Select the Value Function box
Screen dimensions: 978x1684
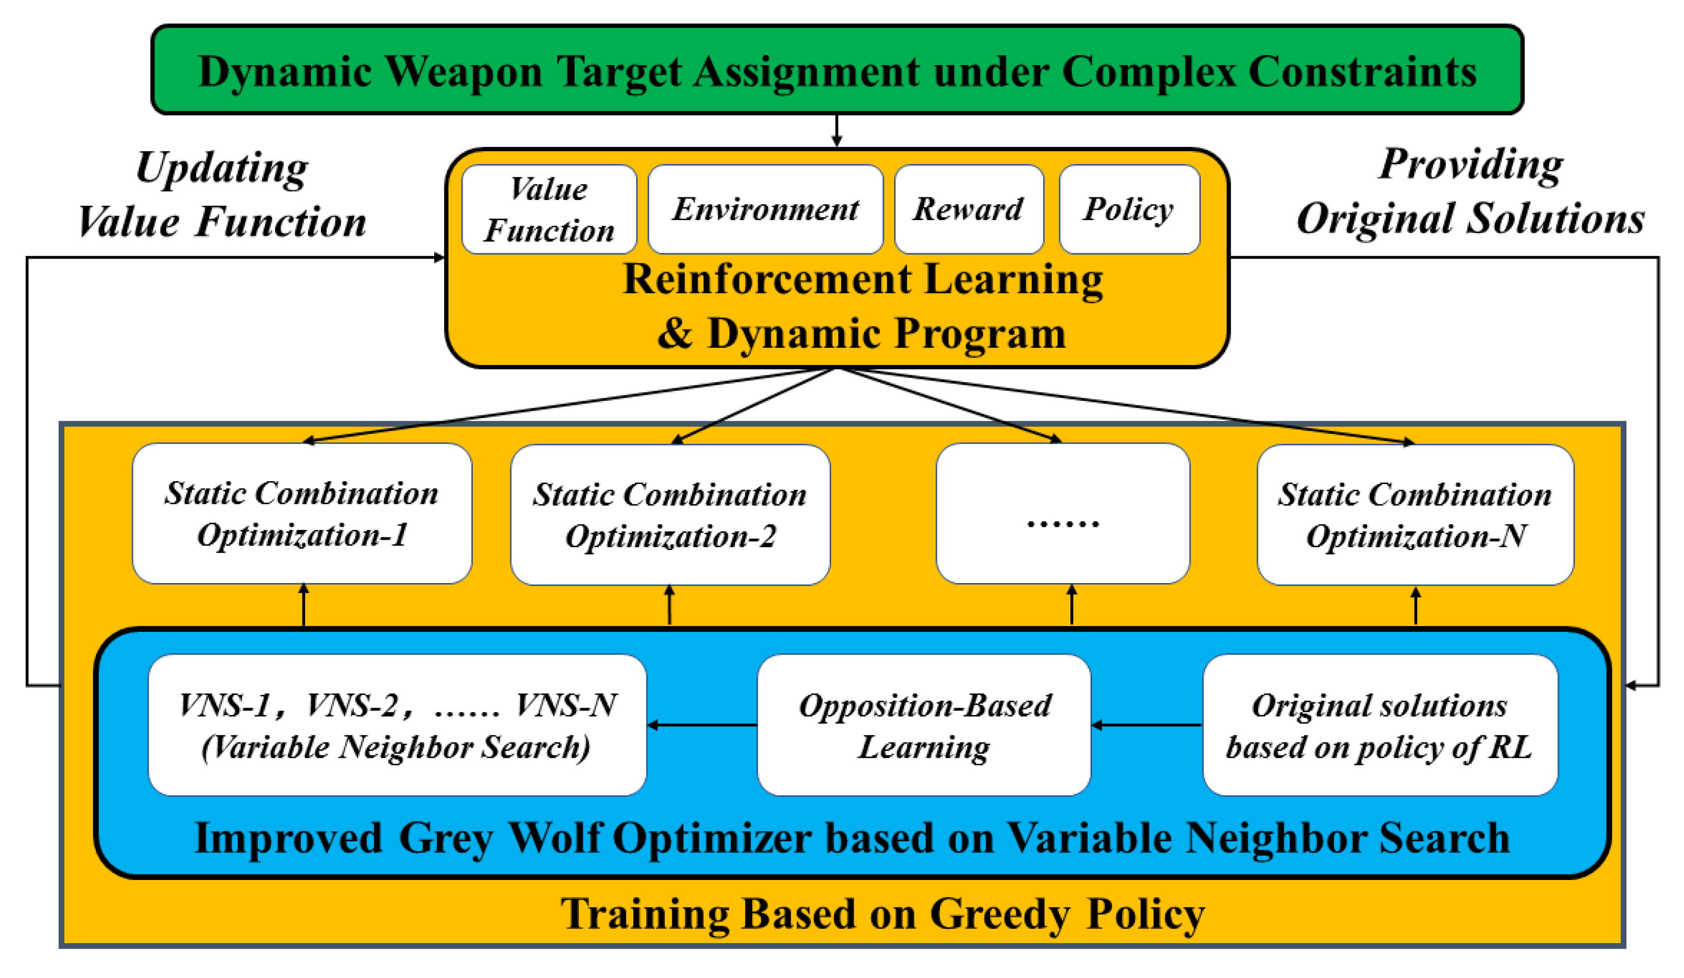pos(549,209)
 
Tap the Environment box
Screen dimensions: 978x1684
pos(765,209)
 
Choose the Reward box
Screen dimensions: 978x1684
pos(968,209)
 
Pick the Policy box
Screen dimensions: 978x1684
pos(1129,209)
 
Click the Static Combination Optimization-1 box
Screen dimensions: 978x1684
pos(302,514)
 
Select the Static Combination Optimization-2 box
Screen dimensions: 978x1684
pos(670,515)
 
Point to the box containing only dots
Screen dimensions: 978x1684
pos(1062,514)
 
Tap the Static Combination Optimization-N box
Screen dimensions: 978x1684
pos(1415,515)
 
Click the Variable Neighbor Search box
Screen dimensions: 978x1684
pos(397,725)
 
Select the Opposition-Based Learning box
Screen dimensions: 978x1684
pos(924,725)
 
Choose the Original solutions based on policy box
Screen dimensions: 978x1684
pos(1379,725)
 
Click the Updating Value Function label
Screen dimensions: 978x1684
pos(222,194)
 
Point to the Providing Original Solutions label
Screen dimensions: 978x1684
pos(1470,192)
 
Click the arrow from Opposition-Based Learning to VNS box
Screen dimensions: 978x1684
pos(702,725)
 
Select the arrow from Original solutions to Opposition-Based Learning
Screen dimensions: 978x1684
pos(1147,725)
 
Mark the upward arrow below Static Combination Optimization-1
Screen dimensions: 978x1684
pos(304,606)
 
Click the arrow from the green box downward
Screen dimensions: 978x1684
pos(837,131)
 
